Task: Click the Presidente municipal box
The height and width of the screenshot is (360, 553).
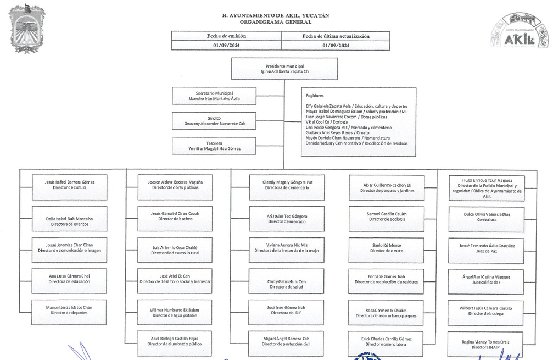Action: click(284, 69)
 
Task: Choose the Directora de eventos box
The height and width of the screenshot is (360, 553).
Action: click(70, 219)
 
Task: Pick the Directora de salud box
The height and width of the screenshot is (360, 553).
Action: click(286, 281)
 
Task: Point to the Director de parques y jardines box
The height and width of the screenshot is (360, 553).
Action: click(387, 188)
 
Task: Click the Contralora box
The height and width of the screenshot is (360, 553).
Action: click(487, 219)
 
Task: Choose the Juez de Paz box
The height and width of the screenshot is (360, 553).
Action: click(487, 250)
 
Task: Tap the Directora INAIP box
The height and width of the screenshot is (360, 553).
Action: click(487, 345)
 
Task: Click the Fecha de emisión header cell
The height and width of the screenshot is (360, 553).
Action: click(226, 36)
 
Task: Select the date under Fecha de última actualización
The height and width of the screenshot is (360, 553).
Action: click(336, 46)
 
